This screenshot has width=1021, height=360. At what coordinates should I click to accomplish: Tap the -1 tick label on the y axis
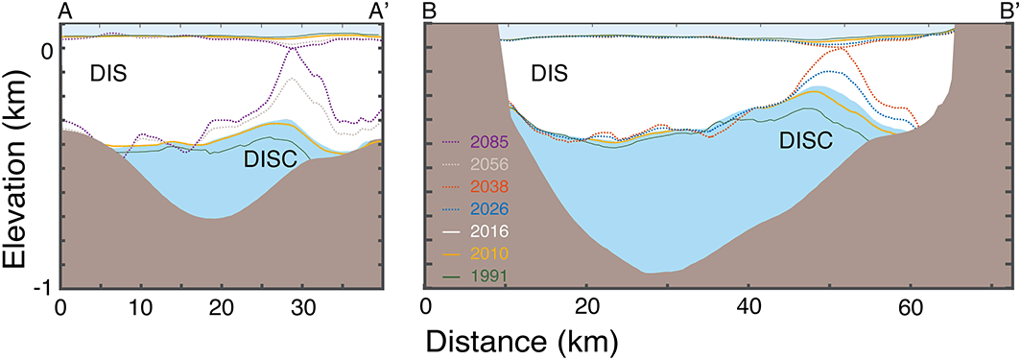tap(44, 288)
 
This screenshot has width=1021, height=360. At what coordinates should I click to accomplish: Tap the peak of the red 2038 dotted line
tap(841, 47)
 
